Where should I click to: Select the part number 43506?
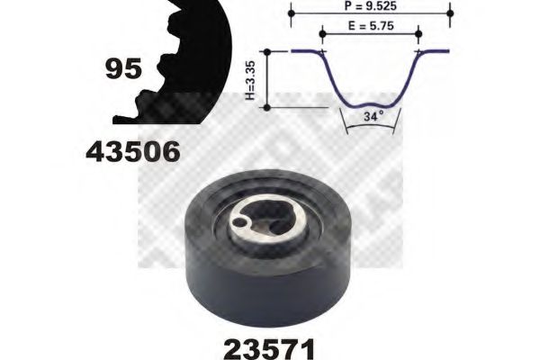pyautogui.click(x=132, y=152)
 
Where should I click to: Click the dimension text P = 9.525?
pyautogui.click(x=371, y=6)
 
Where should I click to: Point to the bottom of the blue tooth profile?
pyautogui.click(x=370, y=104)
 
